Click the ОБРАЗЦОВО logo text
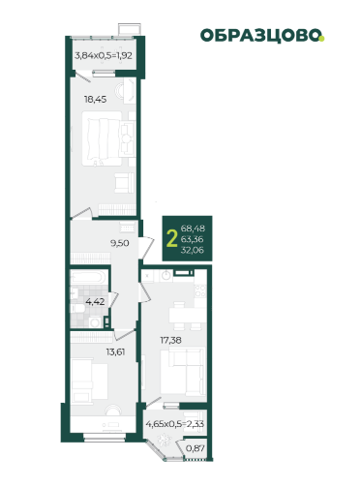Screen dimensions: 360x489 point(260,35)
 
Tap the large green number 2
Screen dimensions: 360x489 point(172,239)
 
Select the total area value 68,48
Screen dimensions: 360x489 point(193,229)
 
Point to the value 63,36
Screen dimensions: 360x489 point(193,239)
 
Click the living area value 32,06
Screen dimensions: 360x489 point(193,250)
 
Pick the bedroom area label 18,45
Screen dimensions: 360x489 point(95,100)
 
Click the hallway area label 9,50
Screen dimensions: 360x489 point(120,243)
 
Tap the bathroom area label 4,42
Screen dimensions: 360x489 point(95,302)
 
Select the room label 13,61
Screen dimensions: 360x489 point(115,351)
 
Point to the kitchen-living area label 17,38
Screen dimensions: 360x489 point(170,340)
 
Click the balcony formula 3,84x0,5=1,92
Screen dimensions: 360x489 point(104,55)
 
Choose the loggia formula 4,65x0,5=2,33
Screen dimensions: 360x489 point(175,423)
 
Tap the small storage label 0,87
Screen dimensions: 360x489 point(195,448)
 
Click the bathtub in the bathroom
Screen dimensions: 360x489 point(89,278)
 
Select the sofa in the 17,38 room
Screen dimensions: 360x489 point(184,371)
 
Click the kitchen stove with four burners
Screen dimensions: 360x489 point(200,290)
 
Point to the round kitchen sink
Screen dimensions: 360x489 point(166,276)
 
